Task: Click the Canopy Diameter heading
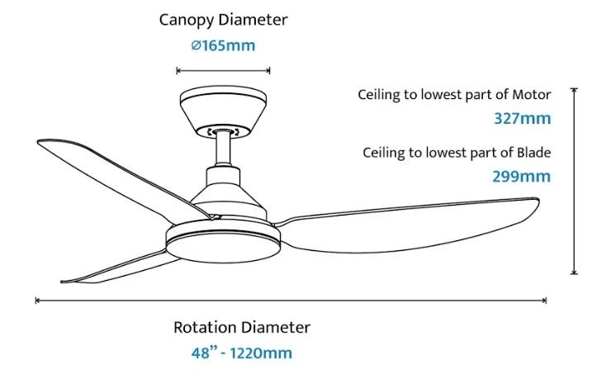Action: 224,19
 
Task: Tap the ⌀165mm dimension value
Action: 224,45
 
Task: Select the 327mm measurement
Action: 522,118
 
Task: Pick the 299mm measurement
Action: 522,176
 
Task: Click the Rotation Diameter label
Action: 242,327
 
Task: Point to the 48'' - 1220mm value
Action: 242,353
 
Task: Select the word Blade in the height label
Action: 533,152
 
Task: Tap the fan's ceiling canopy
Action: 223,111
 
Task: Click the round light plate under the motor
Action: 220,243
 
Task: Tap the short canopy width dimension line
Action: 224,70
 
